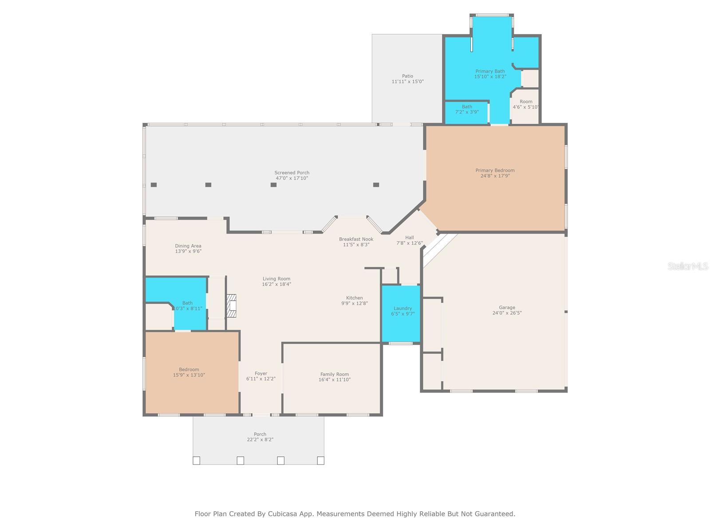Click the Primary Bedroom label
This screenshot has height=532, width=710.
point(495,170)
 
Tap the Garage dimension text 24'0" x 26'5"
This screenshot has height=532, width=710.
point(507,313)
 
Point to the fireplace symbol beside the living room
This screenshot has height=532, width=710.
point(231,305)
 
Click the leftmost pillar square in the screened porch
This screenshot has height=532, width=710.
point(154,185)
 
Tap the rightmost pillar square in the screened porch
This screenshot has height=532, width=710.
point(376,185)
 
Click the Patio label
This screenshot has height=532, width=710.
point(407,76)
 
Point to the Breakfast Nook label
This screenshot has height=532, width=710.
point(356,239)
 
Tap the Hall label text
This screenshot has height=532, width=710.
point(409,238)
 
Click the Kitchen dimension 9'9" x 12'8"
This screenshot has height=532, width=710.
point(354,304)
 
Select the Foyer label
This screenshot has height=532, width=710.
point(261,373)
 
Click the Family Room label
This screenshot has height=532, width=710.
point(334,374)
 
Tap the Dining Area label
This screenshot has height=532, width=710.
point(188,246)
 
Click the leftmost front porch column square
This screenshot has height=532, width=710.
point(196,461)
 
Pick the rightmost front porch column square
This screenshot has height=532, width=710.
point(320,461)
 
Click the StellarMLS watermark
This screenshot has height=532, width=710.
point(687,266)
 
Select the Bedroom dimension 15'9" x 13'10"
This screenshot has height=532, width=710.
point(189,375)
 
